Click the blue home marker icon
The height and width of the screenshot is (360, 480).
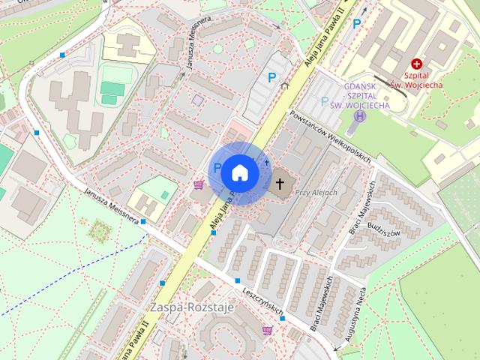tap(239, 173)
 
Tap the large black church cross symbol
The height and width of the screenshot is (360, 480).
tap(280, 182)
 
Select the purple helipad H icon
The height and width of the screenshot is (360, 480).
tap(361, 116)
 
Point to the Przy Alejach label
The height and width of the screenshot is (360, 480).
tap(318, 193)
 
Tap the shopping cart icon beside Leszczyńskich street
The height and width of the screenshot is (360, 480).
tap(267, 330)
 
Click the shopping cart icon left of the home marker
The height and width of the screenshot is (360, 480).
tap(199, 184)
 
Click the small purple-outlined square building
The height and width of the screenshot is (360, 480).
tap(197, 99)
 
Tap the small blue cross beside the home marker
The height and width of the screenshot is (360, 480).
tap(266, 162)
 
